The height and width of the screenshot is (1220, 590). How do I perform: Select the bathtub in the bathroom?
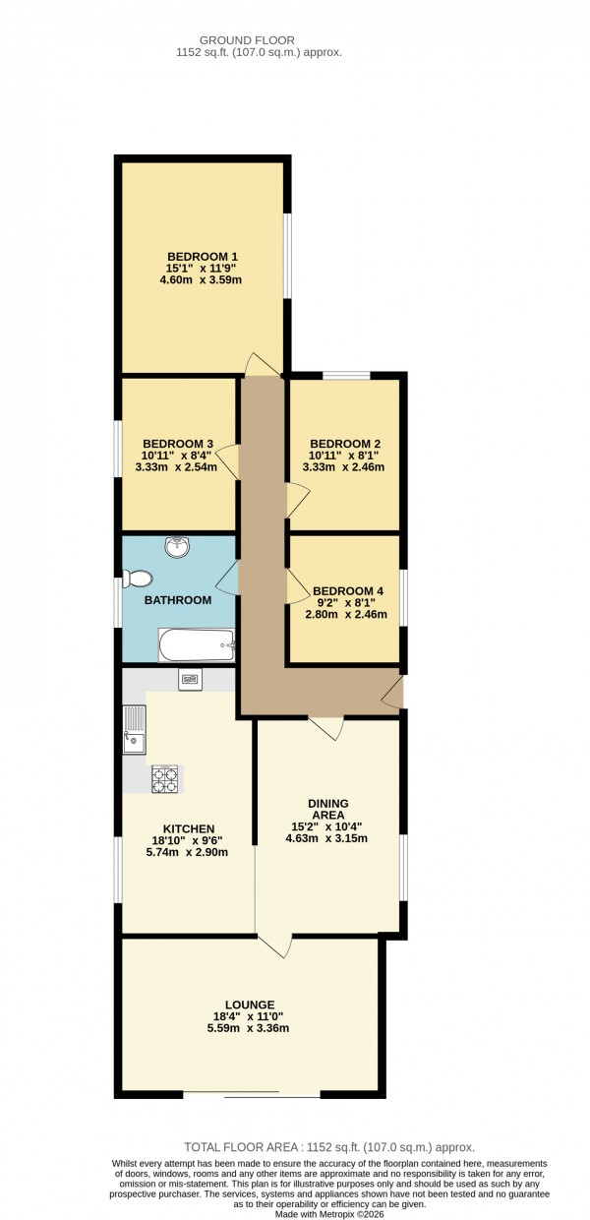click(x=197, y=645)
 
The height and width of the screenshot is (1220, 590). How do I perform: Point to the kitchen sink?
click(x=133, y=729)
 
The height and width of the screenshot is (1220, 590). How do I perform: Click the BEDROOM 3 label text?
click(x=178, y=444)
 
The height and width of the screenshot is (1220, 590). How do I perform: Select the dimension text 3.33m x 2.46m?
click(x=343, y=467)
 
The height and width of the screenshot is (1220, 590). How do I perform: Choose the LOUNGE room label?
click(x=248, y=1005)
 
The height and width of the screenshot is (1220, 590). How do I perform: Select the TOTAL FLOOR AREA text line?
click(x=329, y=1147)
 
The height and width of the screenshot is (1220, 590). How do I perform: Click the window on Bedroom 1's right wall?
click(x=287, y=255)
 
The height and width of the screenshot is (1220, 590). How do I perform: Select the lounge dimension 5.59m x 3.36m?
click(x=248, y=1029)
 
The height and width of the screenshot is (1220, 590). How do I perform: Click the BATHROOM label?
click(x=178, y=600)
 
